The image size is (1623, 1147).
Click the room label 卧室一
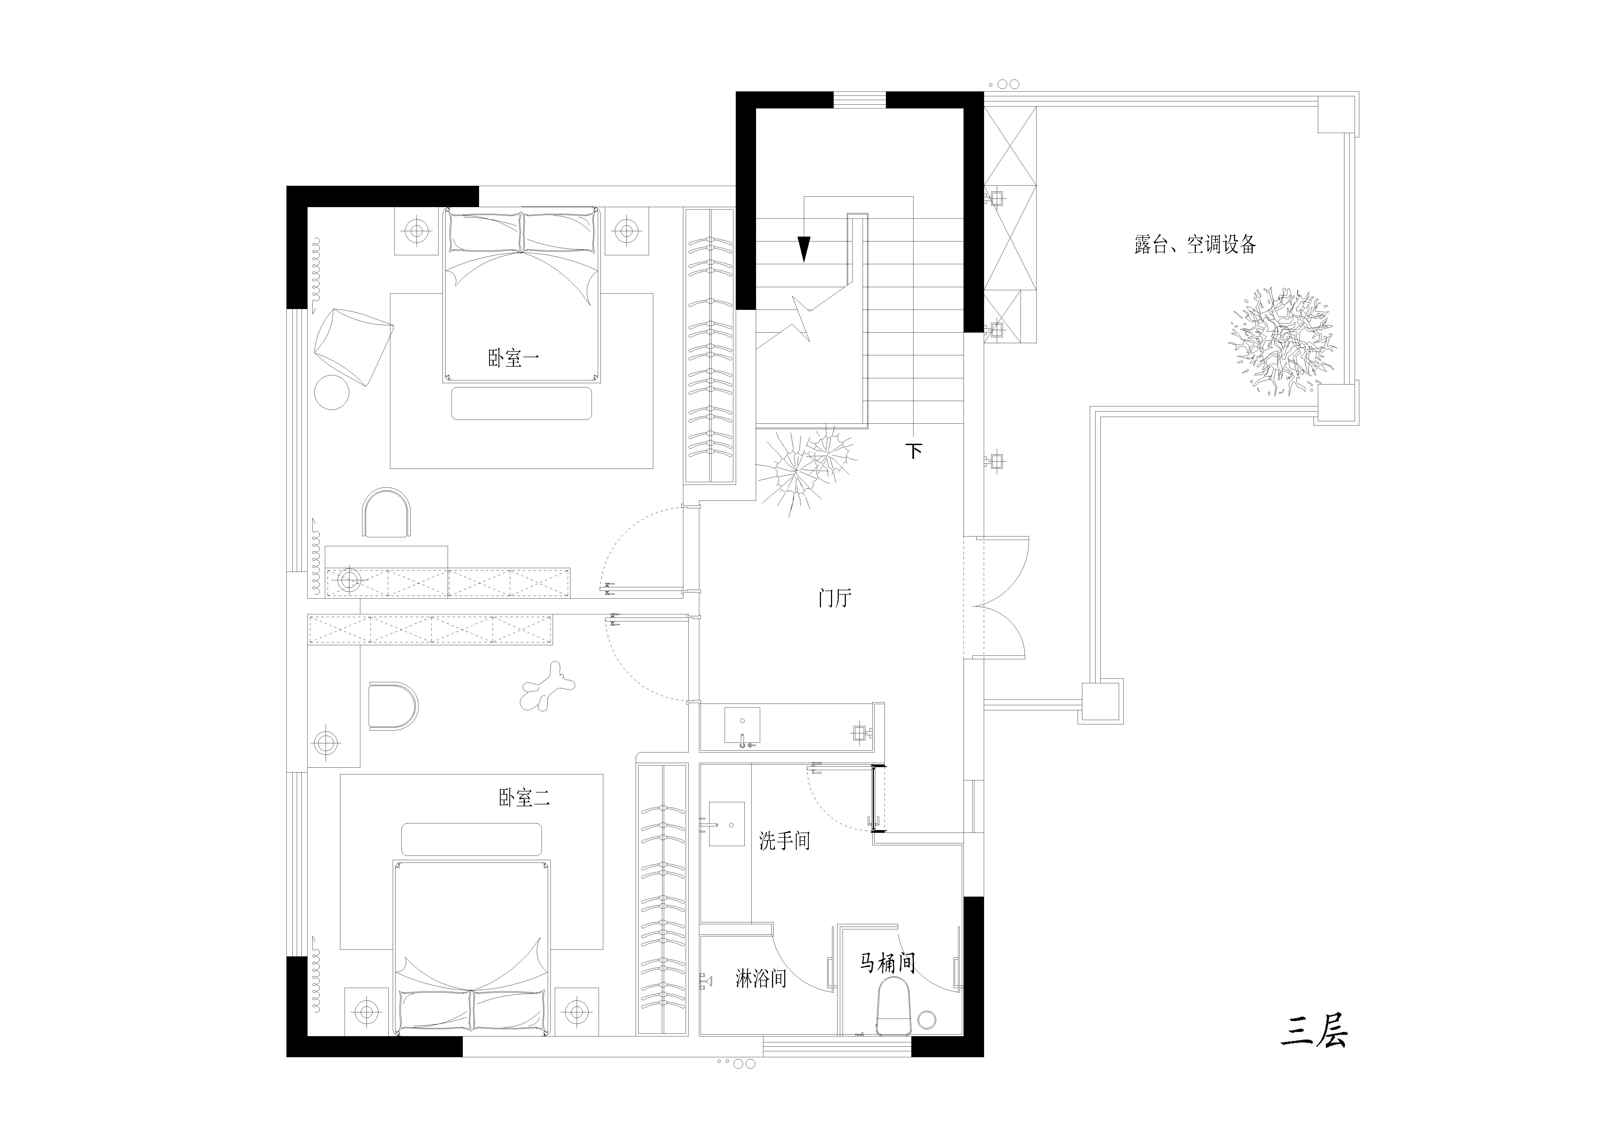click(x=513, y=358)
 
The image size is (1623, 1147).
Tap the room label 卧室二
click(x=524, y=798)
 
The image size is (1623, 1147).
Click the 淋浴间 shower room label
click(x=761, y=979)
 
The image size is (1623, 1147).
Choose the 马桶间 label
click(x=888, y=963)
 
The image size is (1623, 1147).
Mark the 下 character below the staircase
click(x=914, y=450)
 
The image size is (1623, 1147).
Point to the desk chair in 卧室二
click(x=393, y=706)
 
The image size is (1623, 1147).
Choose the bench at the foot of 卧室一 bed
click(x=522, y=403)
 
